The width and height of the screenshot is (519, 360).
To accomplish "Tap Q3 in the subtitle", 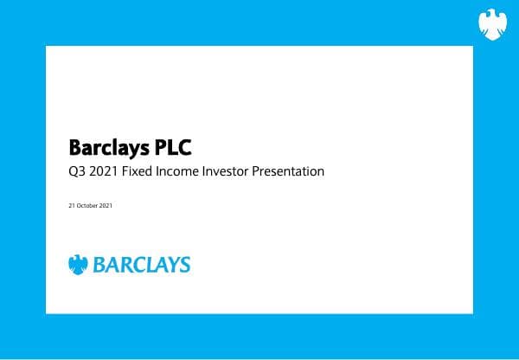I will pos(75,171).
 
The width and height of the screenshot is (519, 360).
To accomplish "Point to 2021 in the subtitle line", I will pos(103,171).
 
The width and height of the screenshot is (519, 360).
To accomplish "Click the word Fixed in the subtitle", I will pos(138,171).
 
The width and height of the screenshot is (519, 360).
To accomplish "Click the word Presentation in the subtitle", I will pos(288,171).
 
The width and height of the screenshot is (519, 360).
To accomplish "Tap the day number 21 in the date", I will pos(71,206).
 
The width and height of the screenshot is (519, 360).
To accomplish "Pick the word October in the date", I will pos(86,206).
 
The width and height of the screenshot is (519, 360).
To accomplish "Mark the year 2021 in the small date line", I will pos(106,206).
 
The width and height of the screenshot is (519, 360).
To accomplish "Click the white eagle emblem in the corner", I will pos(492,24).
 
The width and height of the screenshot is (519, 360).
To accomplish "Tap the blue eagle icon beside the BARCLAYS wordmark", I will pos(79,265).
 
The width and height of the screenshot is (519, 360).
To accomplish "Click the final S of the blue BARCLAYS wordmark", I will pos(184,265).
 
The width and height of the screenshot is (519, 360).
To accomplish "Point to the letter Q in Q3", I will pos(72,171).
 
